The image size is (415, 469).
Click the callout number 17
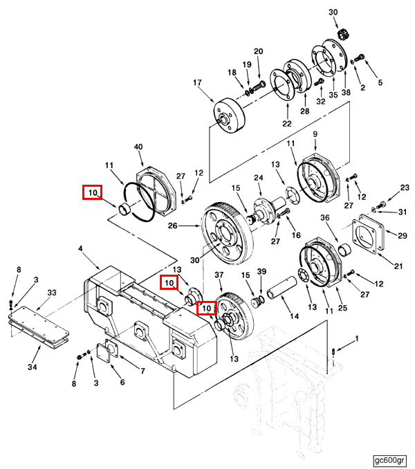197,82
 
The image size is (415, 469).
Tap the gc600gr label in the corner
390,460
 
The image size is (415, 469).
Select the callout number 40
138,147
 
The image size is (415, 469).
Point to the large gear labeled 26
228,232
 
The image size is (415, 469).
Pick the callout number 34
33,367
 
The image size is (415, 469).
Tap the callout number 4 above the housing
80,248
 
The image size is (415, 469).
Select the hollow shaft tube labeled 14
282,288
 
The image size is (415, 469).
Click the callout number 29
403,236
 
